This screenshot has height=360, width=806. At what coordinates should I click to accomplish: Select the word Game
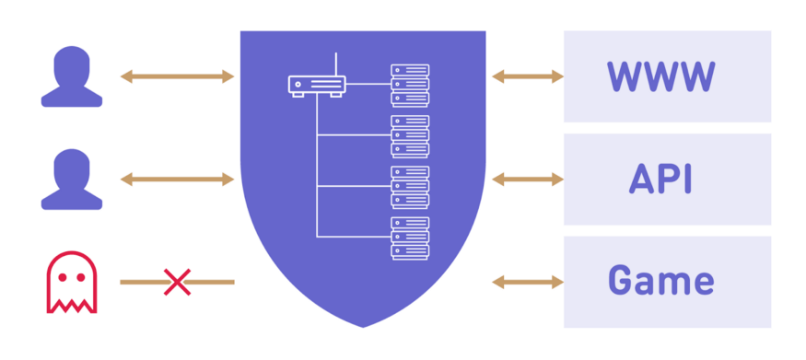pos(660,281)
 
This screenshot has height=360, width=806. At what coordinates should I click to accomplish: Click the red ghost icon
pos(71,281)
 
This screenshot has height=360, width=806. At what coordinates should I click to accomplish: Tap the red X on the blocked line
pos(176,282)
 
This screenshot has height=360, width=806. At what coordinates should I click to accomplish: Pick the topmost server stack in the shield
pos(410,85)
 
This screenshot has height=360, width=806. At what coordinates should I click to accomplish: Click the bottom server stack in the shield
pos(410,238)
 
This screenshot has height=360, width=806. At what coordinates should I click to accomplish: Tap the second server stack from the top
pos(410,135)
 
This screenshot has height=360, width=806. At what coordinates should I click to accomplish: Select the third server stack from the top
pos(410,186)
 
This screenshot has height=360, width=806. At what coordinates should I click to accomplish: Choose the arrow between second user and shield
pos(177,180)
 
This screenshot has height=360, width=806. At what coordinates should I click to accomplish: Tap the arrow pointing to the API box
pos(527,180)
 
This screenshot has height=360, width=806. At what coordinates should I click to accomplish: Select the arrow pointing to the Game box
pos(527,281)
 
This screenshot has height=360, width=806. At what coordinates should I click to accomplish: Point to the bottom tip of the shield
pos(363,325)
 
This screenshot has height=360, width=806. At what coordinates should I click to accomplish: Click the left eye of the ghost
pos(62,275)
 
